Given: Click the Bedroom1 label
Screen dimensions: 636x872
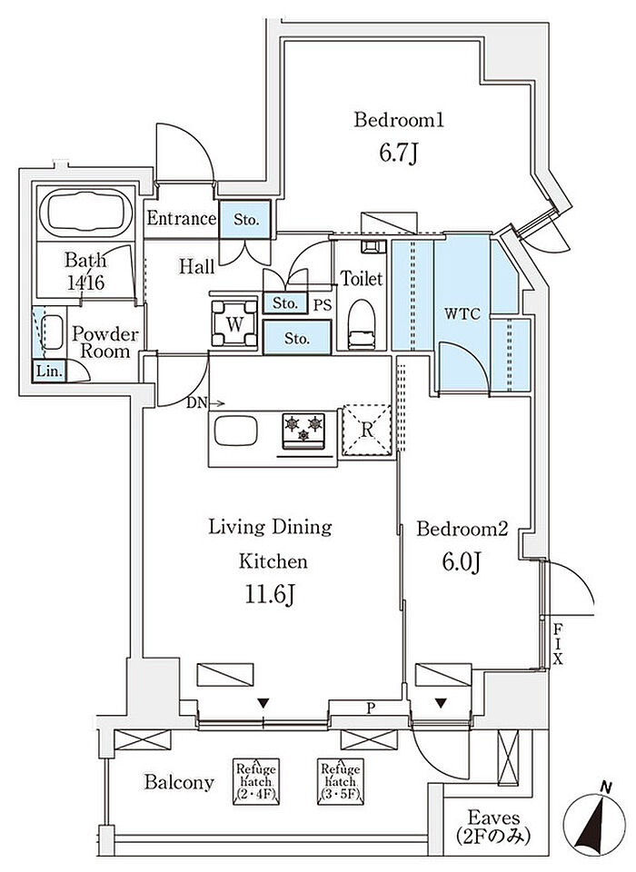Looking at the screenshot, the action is [399, 120].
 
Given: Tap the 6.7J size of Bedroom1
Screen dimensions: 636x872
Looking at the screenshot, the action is [398, 153].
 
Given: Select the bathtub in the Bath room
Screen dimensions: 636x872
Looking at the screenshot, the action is [85, 213].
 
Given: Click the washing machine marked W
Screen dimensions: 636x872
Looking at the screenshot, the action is [234, 323].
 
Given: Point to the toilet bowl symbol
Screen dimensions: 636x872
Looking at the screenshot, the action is [363, 325].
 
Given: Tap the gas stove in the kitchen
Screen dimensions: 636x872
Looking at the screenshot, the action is [303, 431].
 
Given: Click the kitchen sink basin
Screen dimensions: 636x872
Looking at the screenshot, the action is [236, 430].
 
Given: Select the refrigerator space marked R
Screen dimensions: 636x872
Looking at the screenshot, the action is [366, 431].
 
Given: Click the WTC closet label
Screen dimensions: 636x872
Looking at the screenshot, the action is [462, 313].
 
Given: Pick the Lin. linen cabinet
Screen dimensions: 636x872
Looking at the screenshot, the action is [50, 371].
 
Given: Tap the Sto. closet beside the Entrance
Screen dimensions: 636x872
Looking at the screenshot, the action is [245, 219].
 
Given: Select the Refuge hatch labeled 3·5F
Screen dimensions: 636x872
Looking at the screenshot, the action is [341, 782].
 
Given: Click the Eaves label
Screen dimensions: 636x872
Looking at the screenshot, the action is [493, 817].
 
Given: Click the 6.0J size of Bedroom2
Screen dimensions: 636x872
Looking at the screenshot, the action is [462, 562].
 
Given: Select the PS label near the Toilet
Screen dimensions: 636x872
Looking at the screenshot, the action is [323, 304].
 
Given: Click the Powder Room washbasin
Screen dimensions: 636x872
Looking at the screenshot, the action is [53, 332].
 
